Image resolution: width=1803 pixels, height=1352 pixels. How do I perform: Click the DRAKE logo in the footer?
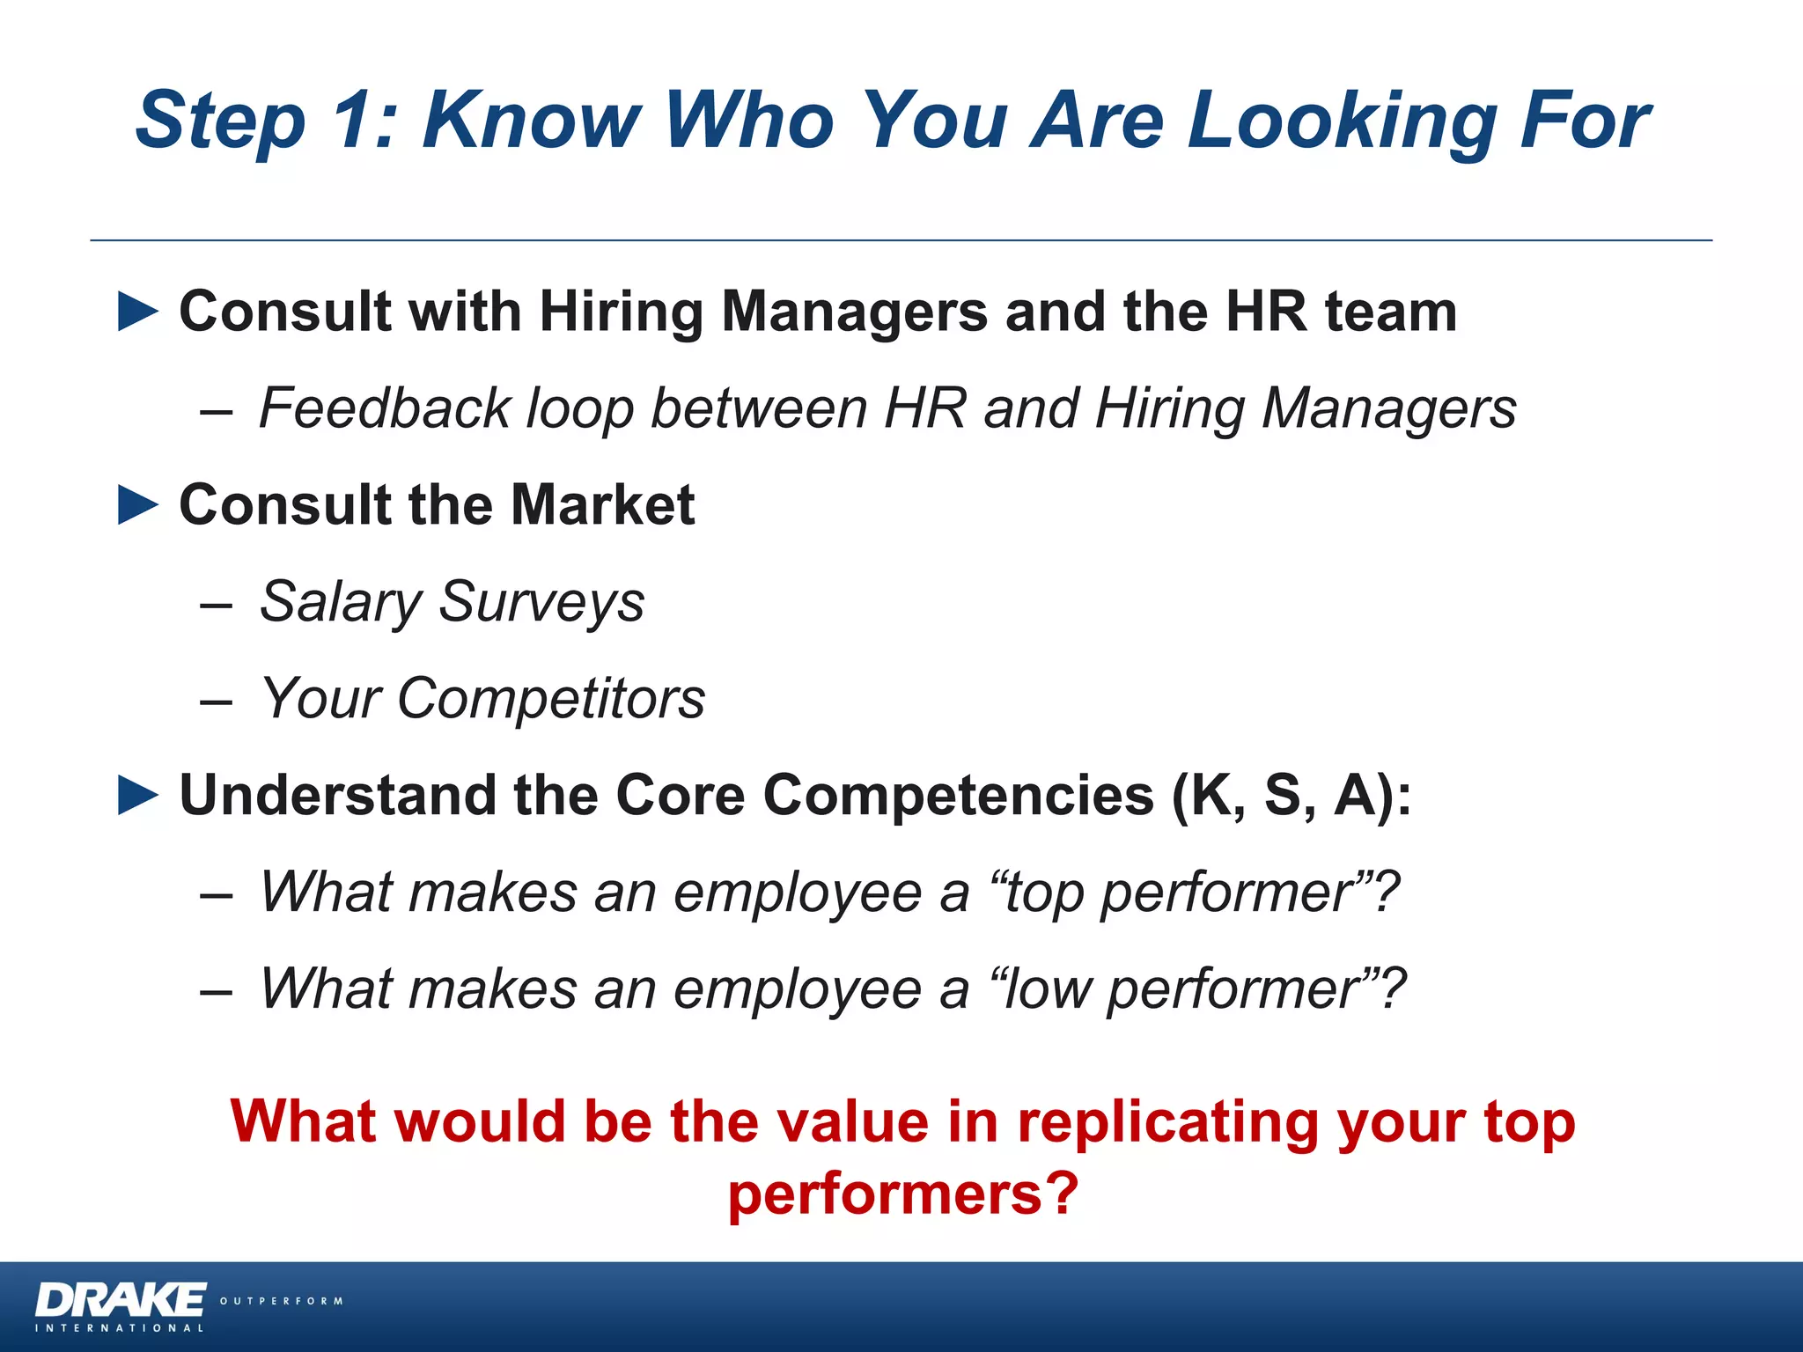click(121, 1300)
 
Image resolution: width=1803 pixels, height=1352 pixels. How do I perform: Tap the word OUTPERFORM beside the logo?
click(281, 1301)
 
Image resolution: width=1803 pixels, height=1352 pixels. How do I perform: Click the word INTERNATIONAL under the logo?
click(120, 1328)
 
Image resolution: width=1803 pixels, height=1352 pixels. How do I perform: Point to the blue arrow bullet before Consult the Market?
click(138, 505)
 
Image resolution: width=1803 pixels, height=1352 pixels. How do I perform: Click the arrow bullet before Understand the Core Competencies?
click(138, 796)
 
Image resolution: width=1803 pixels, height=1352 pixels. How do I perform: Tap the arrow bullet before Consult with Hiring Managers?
click(138, 312)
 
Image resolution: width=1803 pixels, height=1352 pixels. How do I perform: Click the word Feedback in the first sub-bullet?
click(385, 408)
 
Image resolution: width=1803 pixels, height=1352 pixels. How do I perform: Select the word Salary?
click(340, 604)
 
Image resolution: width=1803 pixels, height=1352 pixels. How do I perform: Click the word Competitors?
click(550, 699)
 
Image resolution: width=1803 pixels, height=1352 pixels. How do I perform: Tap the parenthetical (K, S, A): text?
click(1291, 796)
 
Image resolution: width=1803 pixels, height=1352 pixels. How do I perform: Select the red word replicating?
click(1167, 1123)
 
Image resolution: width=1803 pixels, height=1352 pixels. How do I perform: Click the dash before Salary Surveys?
click(216, 606)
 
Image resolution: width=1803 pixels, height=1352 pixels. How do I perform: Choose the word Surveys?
click(541, 604)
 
